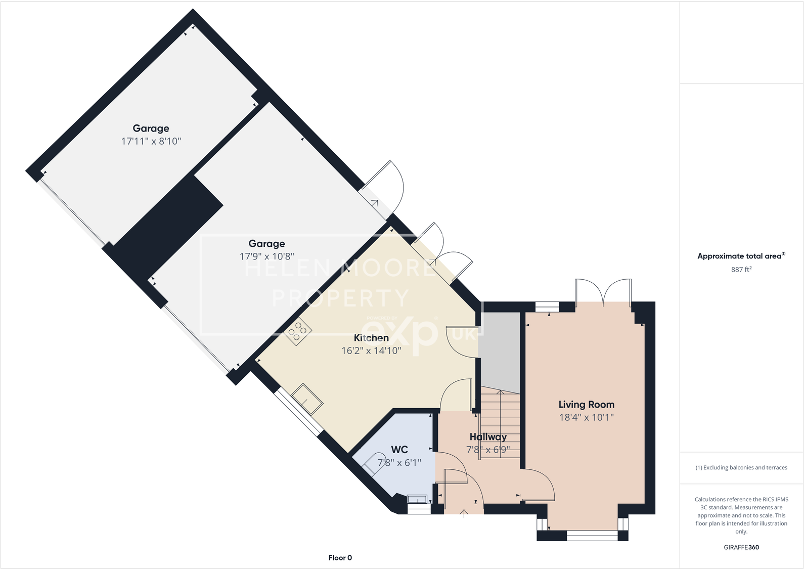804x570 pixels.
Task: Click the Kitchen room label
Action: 371,338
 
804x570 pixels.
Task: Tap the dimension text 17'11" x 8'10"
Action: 151,141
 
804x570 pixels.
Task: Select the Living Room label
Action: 586,405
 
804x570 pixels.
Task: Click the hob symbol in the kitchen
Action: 297,332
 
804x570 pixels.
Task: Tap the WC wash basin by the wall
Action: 417,499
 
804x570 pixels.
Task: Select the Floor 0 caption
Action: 340,558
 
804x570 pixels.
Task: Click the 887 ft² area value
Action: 741,270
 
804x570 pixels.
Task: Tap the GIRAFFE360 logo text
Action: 741,547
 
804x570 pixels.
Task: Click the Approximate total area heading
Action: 741,256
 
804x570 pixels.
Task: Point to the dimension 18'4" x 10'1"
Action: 586,417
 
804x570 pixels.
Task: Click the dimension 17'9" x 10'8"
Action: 266,256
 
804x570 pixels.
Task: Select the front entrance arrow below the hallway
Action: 464,514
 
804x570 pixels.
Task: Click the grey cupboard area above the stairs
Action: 500,349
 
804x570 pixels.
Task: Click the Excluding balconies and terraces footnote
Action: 741,467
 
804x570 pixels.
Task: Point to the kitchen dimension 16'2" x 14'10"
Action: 371,350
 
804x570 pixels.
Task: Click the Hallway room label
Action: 487,437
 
